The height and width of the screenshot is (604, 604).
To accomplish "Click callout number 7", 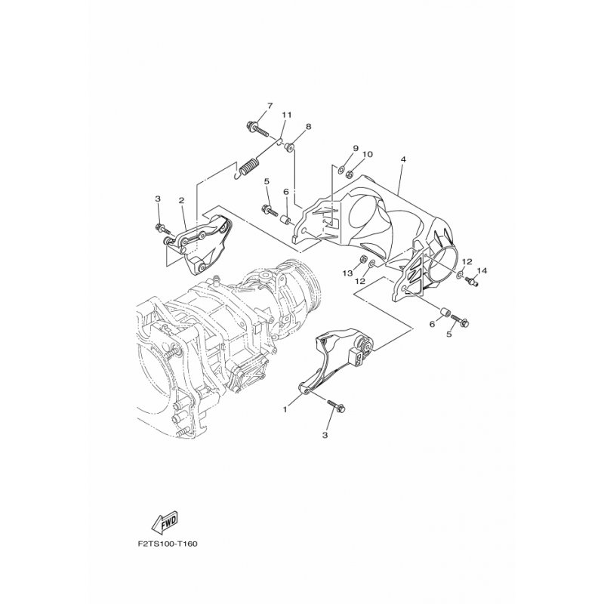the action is pos(270,106).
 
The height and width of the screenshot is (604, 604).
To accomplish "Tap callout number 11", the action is pos(286,115).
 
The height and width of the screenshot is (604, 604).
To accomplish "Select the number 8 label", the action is pos(309,126).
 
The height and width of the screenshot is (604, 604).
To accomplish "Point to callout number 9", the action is pos(355,148).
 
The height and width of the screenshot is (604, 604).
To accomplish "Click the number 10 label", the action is pos(368,154).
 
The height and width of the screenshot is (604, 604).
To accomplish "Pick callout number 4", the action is pos(403,159).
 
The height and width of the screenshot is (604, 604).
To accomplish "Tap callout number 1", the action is pos(285,410).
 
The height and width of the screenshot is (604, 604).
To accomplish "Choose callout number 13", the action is pos(348,273).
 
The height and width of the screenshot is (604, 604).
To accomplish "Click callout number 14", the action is pos(482,271).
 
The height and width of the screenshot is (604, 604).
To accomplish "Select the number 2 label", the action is pos(181,200).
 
